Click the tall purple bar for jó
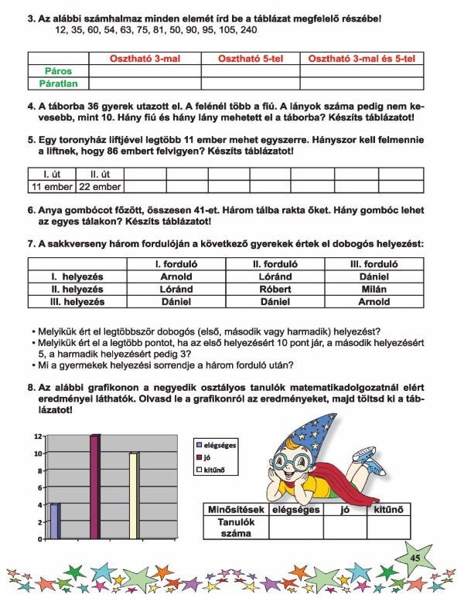(x=95, y=487)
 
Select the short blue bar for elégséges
(x=54, y=521)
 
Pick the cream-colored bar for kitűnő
(x=134, y=495)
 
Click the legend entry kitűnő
(x=219, y=469)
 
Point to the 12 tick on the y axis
(x=38, y=436)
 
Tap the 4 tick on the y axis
(x=38, y=505)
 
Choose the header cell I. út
(x=51, y=174)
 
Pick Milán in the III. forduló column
(x=374, y=289)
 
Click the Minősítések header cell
(x=236, y=510)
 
